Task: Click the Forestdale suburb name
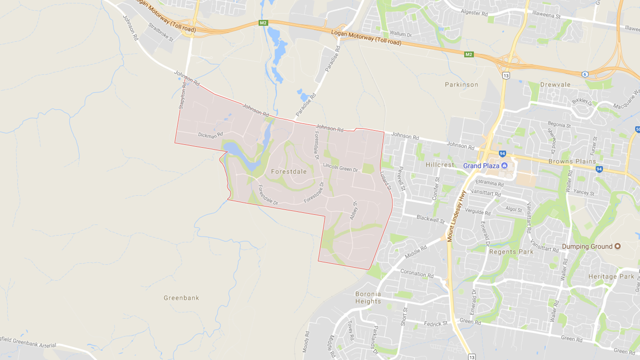click(x=288, y=171)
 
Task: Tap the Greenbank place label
click(x=181, y=298)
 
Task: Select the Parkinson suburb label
click(x=461, y=84)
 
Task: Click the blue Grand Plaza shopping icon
click(x=504, y=165)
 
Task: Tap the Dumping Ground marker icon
click(x=617, y=246)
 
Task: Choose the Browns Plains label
click(x=572, y=161)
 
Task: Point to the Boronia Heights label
click(x=368, y=297)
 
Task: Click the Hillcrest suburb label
click(x=440, y=164)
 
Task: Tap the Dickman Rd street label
click(x=210, y=134)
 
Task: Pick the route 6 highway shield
click(x=585, y=74)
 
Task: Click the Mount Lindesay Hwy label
click(x=456, y=216)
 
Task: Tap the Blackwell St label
click(x=430, y=219)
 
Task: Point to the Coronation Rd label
click(x=417, y=274)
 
